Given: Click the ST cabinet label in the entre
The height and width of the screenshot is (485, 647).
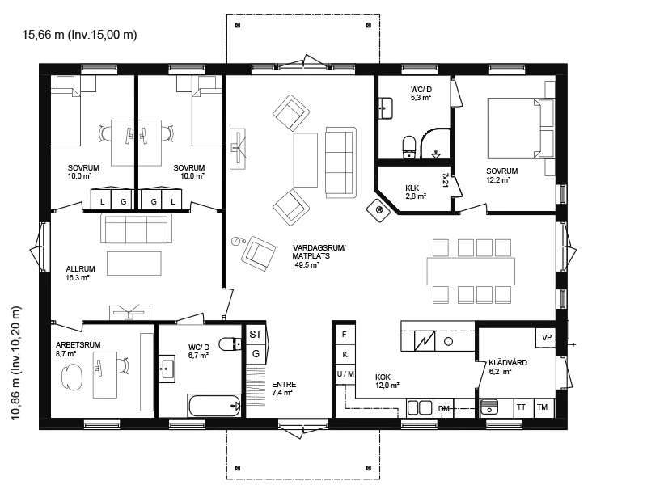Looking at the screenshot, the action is click(256, 334).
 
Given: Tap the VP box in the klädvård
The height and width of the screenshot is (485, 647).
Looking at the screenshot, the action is click(547, 337).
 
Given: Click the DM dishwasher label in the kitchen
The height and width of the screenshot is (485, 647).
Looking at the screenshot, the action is click(444, 409).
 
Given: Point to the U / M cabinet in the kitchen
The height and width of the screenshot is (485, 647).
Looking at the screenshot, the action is click(345, 374).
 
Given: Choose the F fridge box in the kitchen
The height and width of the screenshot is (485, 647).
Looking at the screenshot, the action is click(345, 335).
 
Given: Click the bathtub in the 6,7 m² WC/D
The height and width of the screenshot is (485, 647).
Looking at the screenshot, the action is click(214, 406).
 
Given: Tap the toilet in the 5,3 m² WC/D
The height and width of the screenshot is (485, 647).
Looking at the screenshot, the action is click(409, 147).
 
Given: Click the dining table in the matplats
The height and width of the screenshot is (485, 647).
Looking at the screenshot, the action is click(471, 271).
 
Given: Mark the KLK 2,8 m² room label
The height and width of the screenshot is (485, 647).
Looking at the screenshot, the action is click(415, 192).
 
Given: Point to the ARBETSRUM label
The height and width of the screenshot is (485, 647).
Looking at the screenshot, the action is click(78, 345).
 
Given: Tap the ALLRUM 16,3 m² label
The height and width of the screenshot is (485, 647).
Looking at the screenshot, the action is click(80, 273).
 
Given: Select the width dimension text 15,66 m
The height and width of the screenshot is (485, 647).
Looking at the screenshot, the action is click(43, 35).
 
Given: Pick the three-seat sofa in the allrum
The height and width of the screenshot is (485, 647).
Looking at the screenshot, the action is click(136, 229).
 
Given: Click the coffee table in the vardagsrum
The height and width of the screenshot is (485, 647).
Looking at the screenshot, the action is click(306, 160).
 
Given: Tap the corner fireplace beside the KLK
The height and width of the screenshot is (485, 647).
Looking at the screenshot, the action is click(378, 210).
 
